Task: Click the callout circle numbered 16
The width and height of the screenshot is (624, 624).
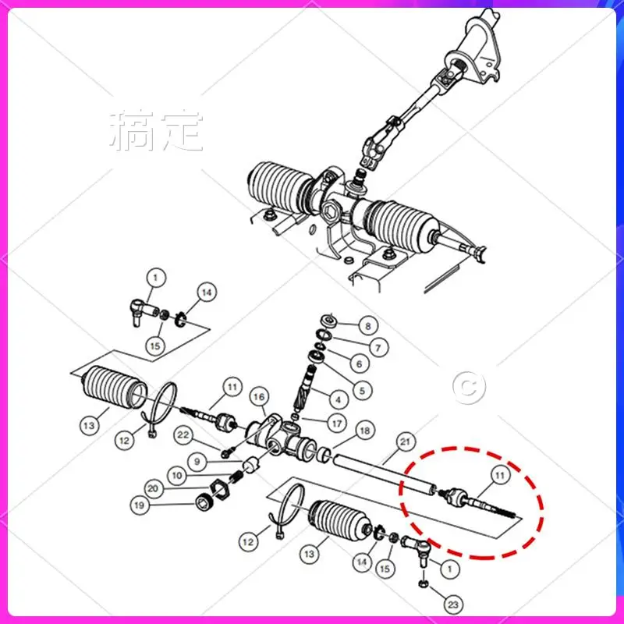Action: point(259,397)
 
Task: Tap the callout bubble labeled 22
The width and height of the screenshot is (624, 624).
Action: point(183,434)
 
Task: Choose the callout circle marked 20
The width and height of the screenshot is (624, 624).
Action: point(153,489)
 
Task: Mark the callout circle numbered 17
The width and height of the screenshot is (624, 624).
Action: point(336,424)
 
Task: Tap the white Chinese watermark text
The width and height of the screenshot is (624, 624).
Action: point(157,131)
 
